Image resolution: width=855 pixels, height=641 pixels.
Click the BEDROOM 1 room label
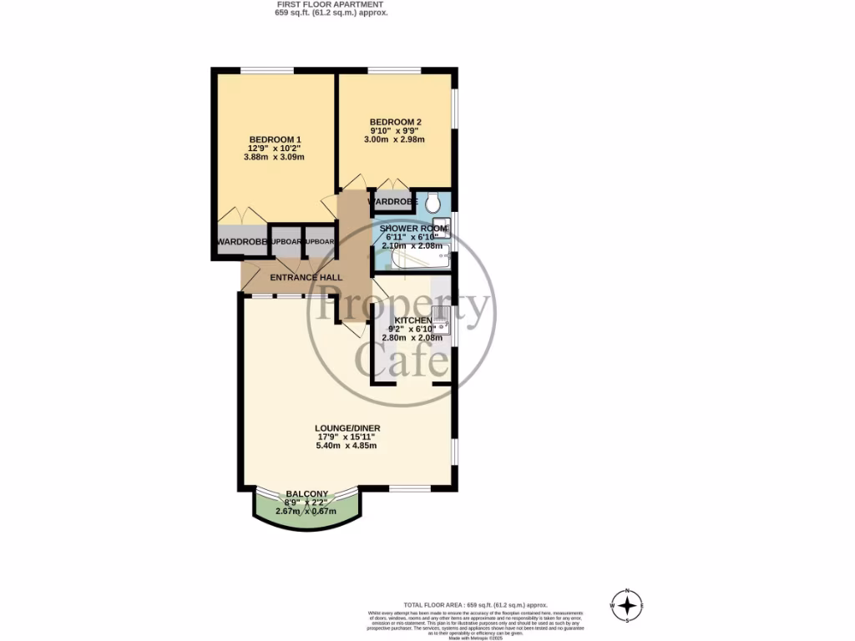275,139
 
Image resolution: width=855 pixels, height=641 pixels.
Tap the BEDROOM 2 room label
396,123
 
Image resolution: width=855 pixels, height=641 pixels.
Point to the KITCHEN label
413,320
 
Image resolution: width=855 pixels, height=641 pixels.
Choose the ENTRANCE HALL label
306,278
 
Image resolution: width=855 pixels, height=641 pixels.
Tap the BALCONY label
306,494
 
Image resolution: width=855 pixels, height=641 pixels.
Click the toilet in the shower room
433,201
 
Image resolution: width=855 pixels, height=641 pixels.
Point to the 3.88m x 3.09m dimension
275,157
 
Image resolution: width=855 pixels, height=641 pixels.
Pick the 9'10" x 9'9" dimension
396,131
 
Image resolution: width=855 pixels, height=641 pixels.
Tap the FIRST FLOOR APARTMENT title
331,4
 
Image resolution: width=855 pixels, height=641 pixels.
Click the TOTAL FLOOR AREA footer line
475,604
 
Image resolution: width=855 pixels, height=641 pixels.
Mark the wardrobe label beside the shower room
392,202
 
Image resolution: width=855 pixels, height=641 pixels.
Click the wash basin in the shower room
443,228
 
